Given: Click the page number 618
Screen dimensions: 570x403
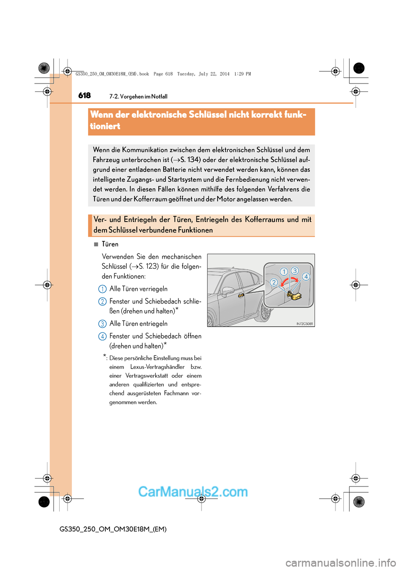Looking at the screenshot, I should coord(84,95).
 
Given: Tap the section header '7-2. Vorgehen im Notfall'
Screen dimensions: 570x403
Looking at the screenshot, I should coord(138,97).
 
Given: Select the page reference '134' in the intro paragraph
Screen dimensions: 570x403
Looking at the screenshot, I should coord(193,159).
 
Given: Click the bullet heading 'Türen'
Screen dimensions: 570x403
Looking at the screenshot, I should coord(110,244).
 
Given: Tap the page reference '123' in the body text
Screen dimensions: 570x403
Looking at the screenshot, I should coord(152,267).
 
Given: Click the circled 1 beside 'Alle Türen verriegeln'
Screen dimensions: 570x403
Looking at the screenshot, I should coord(102,289).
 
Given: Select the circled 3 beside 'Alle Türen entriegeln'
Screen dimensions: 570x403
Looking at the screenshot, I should coord(102,324).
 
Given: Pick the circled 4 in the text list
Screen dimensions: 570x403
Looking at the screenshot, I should coord(102,337).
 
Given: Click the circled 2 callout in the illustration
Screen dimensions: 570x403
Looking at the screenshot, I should coord(274,282).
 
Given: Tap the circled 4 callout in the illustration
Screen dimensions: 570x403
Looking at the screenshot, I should coord(306,277).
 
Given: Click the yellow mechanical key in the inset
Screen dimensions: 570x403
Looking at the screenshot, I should coord(294,296).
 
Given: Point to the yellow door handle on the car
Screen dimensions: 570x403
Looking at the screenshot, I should coord(241,295).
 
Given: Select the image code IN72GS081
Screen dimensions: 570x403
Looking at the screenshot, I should coord(305,324).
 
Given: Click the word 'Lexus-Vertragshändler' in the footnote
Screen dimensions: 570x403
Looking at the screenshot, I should coord(157,367).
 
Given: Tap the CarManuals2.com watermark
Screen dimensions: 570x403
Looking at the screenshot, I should coord(193,492).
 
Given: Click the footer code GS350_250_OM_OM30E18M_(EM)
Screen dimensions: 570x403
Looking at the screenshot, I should coord(113,529).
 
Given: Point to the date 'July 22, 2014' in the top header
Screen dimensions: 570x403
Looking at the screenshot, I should coord(214,74).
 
